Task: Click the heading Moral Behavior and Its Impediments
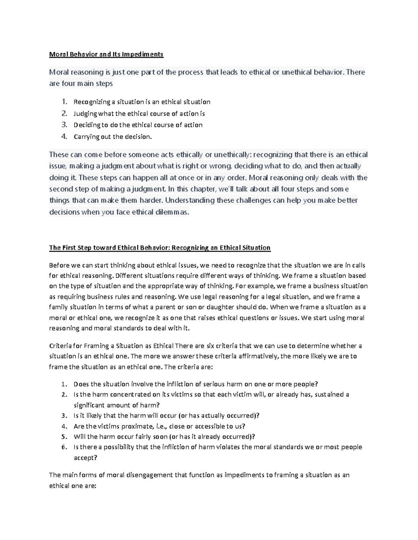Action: pos(106,54)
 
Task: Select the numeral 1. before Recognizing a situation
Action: pos(64,102)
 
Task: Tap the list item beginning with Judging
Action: pos(139,113)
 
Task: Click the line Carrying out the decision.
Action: pos(113,137)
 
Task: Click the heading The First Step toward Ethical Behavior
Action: pos(160,248)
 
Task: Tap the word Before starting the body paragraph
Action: pos(59,265)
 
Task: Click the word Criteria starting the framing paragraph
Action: pos(60,346)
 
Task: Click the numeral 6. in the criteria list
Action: pos(64,447)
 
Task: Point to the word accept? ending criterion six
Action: pos(85,458)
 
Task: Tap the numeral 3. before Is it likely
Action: pos(64,416)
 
